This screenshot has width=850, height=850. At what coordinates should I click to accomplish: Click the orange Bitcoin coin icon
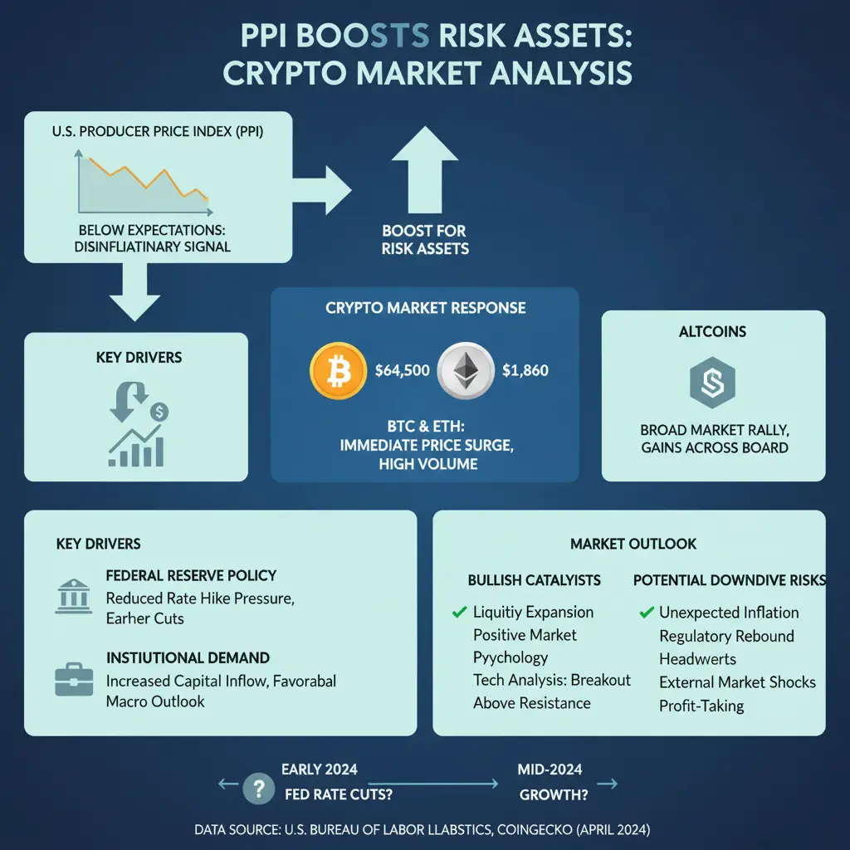(x=339, y=371)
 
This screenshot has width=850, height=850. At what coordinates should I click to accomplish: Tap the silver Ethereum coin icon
(x=466, y=371)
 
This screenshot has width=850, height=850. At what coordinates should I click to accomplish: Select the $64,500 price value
(x=403, y=371)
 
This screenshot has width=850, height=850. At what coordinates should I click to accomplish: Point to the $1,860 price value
(x=525, y=371)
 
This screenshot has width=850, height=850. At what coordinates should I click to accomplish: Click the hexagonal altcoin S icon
(x=712, y=383)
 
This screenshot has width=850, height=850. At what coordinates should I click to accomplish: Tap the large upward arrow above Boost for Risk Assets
(x=425, y=170)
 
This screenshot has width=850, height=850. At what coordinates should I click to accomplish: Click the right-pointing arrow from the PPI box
(x=322, y=190)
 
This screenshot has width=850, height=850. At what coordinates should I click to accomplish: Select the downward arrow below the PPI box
(x=135, y=292)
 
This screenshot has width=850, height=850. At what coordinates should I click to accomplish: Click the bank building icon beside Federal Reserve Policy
(x=74, y=596)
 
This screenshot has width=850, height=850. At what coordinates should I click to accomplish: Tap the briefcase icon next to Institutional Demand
(x=74, y=679)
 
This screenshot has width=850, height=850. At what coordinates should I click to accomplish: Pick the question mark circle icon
(x=259, y=789)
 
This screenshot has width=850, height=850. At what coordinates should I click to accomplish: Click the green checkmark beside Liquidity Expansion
(x=459, y=612)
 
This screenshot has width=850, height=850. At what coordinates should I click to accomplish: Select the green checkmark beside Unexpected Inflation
(x=646, y=613)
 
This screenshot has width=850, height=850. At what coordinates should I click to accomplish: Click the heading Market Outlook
(x=633, y=544)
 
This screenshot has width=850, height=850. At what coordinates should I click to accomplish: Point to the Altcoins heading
(x=712, y=332)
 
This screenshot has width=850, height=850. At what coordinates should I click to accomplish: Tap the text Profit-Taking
(x=701, y=706)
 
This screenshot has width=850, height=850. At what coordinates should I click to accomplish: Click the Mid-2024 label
(x=550, y=769)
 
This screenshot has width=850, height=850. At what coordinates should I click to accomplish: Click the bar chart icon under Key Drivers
(x=136, y=446)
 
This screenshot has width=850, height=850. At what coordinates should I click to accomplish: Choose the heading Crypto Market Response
(x=426, y=308)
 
